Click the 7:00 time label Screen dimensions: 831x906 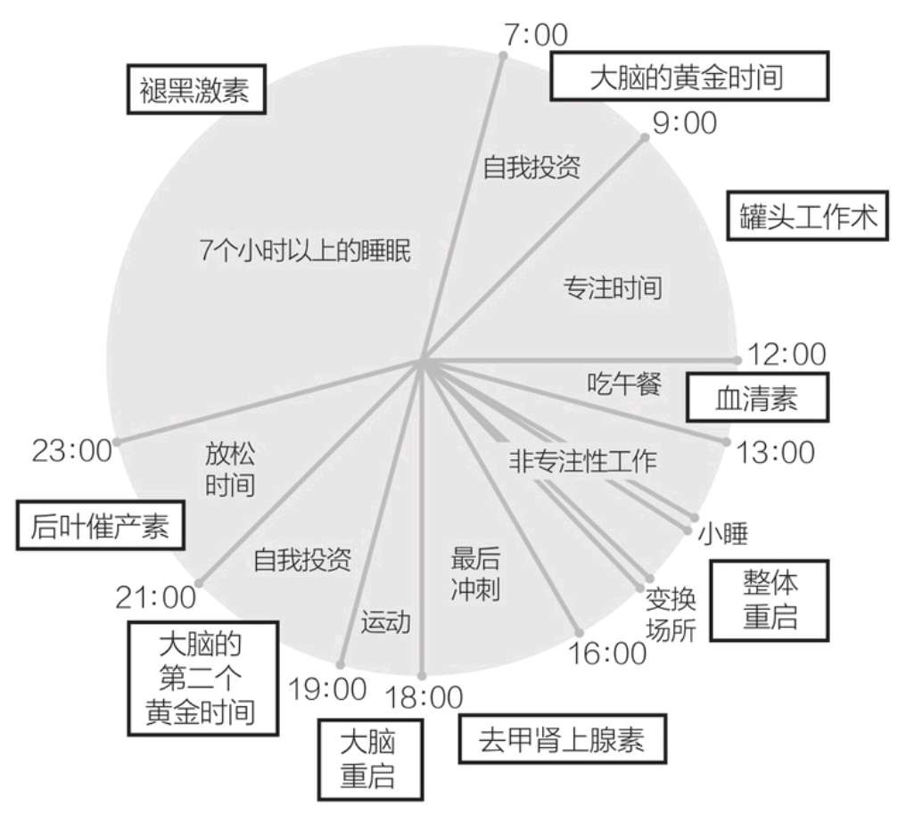coord(535,35)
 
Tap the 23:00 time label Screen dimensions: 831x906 coord(71,450)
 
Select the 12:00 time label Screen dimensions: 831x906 coord(786,354)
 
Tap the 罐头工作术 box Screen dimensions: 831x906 coord(808,215)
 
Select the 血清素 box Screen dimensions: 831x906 coord(756,398)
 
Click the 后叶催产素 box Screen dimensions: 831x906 coord(99,525)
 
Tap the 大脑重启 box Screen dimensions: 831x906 coord(368,758)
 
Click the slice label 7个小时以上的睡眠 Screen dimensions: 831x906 coord(305,252)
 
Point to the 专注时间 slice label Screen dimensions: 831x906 coord(613,287)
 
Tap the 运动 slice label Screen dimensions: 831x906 coord(385,621)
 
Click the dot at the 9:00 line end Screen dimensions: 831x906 coord(647,137)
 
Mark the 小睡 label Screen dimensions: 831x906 coord(722,533)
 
